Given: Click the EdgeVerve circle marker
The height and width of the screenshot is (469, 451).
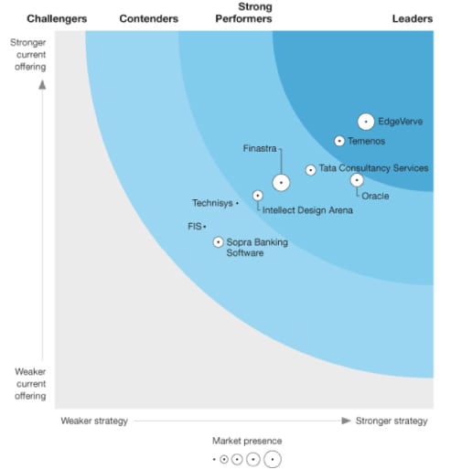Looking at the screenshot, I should [365, 121].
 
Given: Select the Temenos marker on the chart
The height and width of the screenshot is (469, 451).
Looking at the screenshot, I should [339, 141].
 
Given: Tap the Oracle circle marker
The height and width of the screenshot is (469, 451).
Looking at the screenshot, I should [357, 180].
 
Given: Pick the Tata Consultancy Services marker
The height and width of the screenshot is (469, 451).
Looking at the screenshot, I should [310, 169].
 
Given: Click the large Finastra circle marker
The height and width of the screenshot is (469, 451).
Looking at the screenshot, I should [281, 183].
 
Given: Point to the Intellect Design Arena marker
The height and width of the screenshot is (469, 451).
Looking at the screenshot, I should [258, 195].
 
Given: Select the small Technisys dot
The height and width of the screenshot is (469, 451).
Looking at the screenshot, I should [237, 203].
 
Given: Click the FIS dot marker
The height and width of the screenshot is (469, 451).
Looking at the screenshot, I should [205, 226].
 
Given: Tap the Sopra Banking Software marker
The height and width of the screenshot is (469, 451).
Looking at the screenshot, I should [218, 242].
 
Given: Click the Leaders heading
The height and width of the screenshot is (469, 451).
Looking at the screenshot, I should [412, 18].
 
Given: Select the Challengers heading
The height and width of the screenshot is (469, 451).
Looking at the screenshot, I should [57, 18].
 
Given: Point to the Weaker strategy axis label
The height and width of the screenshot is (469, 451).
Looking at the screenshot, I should [94, 421].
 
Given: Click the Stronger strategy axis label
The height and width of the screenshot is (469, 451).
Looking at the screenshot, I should [391, 421].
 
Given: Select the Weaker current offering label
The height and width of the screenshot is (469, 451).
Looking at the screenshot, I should [31, 383].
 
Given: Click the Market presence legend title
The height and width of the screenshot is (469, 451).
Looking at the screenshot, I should [247, 441].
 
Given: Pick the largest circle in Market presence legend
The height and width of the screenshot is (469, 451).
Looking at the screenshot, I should [273, 459].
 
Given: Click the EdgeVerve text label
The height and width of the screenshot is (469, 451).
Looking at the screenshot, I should [401, 121].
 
